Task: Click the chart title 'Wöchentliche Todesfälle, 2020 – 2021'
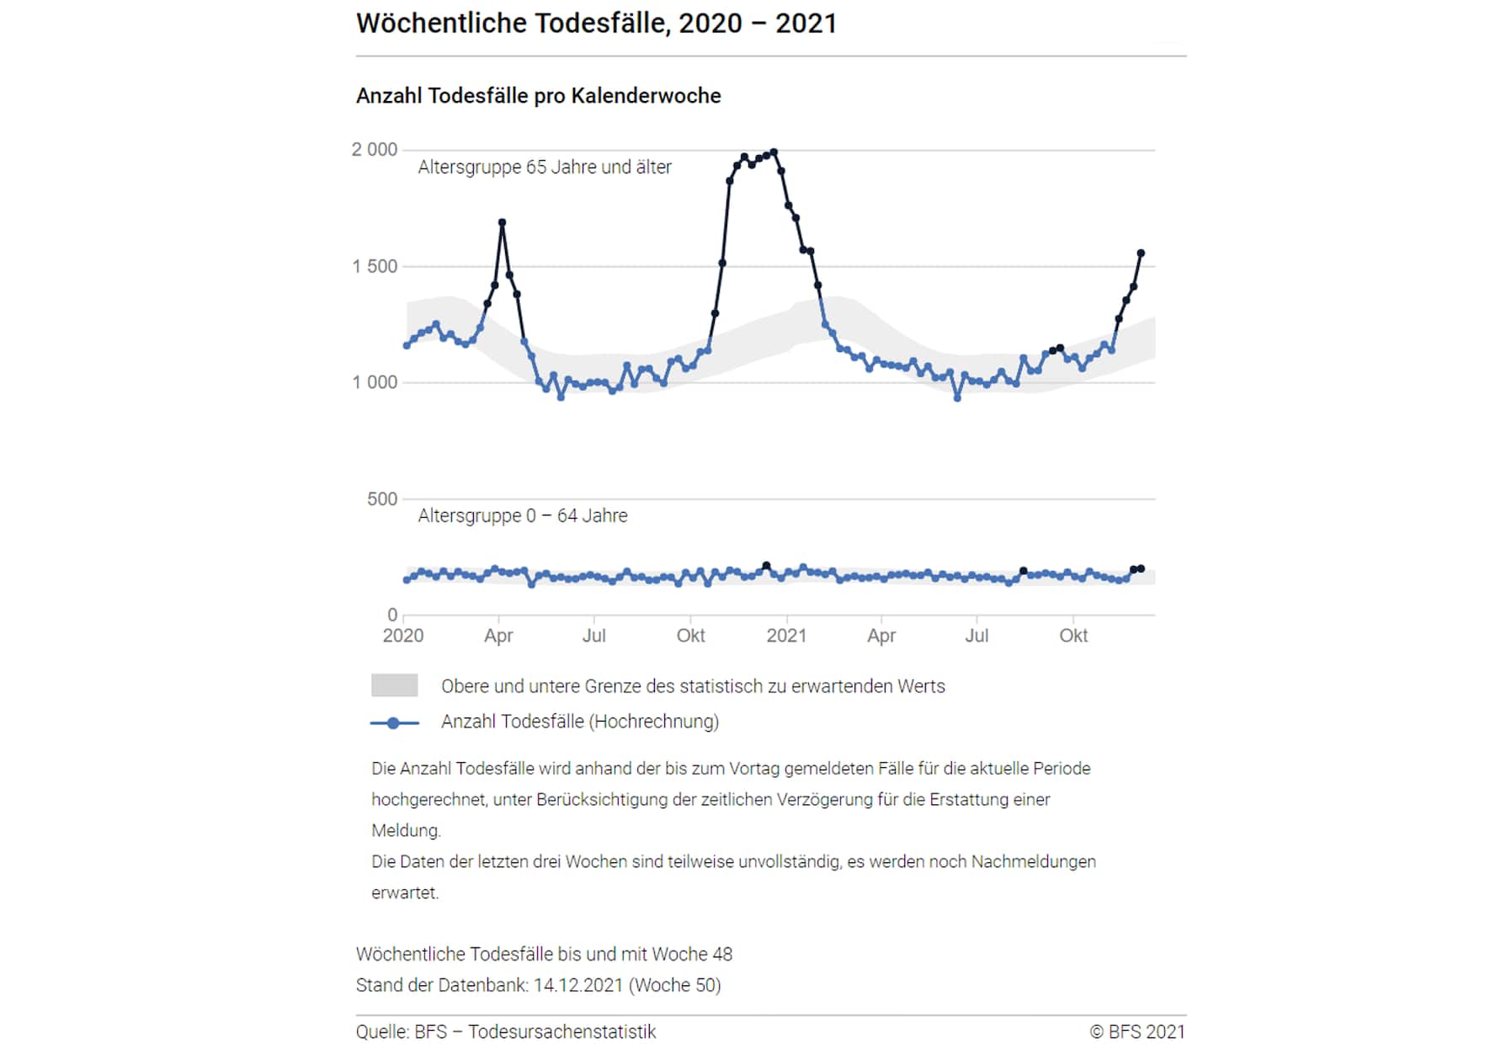pos(596,24)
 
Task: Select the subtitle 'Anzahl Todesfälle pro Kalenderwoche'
pos(538,96)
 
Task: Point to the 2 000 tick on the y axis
pos(374,150)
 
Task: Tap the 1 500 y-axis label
pos(374,267)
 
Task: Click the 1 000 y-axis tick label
pos(374,383)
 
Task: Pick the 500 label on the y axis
pos(381,499)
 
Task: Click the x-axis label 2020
pos(402,636)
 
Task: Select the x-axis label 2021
pos(786,636)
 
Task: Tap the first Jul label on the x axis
pos(593,636)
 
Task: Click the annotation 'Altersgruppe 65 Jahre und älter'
pos(545,168)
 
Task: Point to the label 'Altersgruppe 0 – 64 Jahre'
pos(522,516)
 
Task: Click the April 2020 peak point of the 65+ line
pos(503,222)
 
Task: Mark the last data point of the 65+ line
pos(1141,253)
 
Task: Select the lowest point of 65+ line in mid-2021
pos(957,397)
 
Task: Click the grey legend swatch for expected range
pos(394,685)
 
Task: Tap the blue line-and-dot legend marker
pos(393,723)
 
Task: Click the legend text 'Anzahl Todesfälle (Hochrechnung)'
pos(579,722)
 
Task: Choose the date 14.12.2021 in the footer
pos(577,986)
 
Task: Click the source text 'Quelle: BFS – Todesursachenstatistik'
pos(505,1032)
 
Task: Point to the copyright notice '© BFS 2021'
pos(1136,1032)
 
